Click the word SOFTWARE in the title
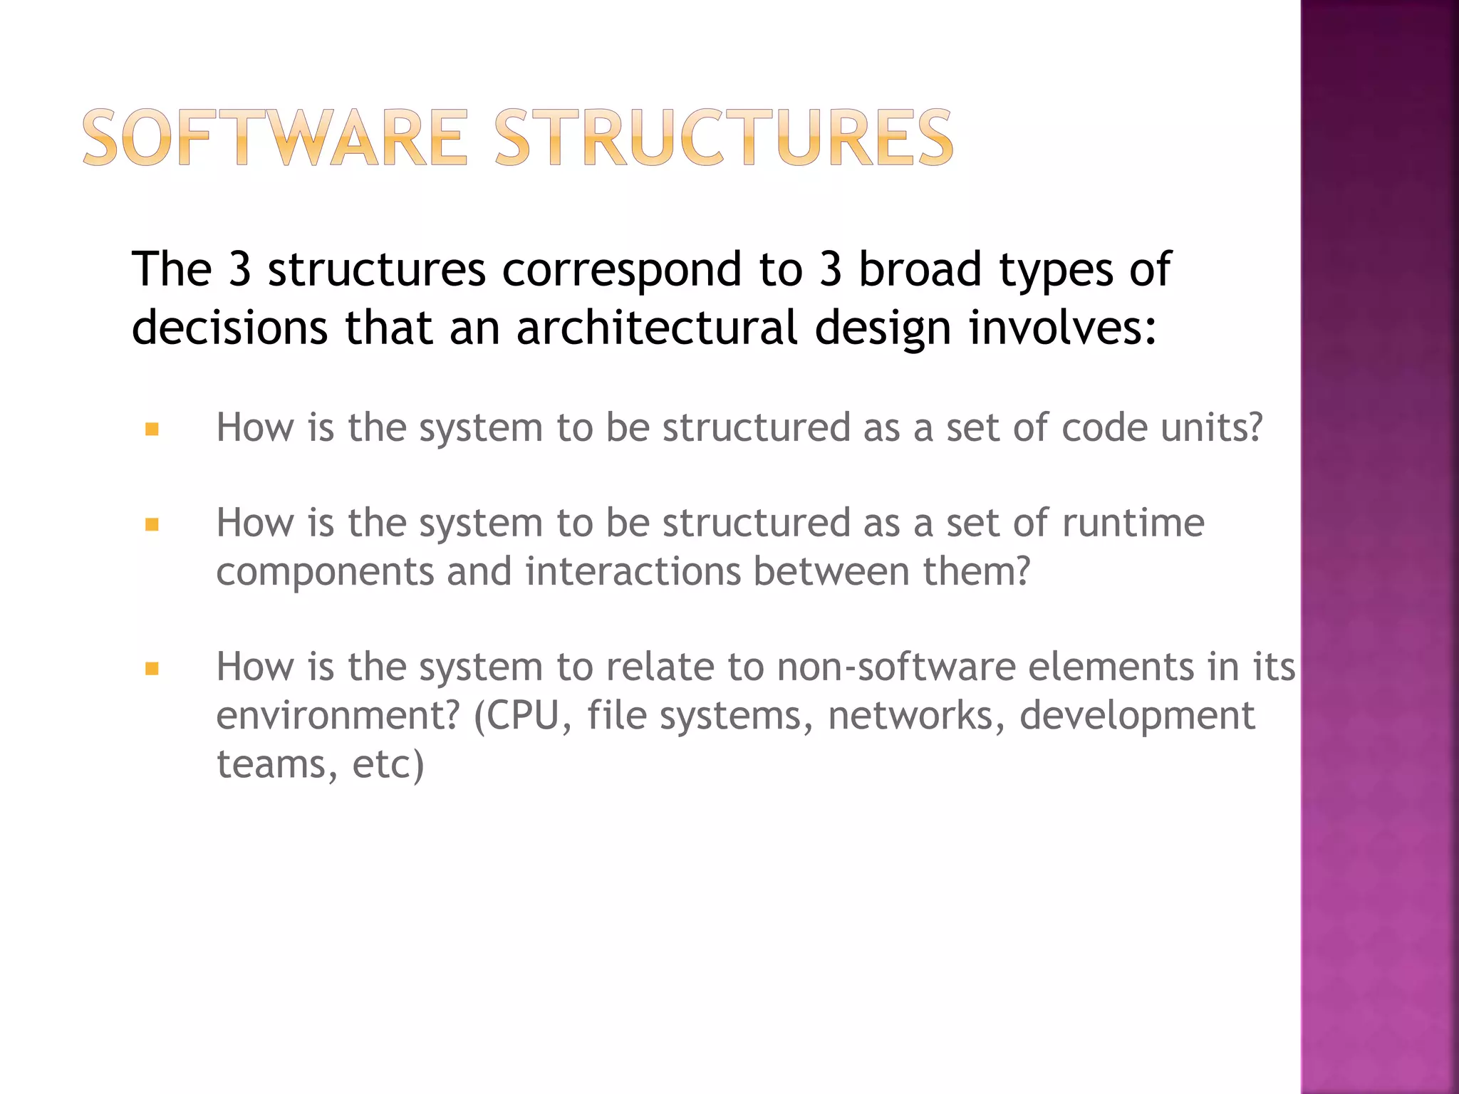[x=275, y=137]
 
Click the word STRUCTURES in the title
[x=723, y=137]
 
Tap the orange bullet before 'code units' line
[x=152, y=429]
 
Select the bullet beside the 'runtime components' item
[x=152, y=526]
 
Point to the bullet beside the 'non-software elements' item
[x=152, y=669]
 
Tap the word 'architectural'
[x=656, y=328]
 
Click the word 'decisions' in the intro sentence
[x=230, y=328]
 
